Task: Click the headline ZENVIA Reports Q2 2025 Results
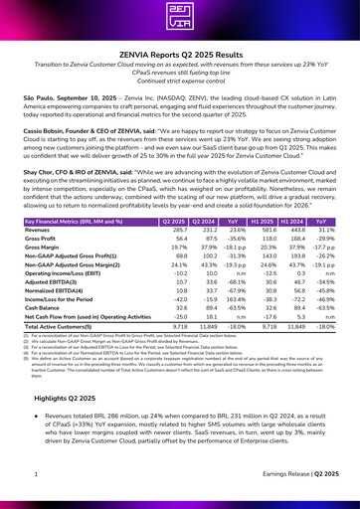point(180,60)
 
